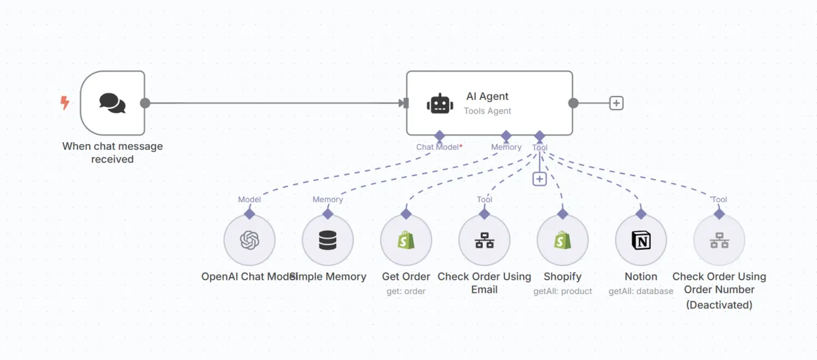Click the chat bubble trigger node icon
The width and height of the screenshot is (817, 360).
112,103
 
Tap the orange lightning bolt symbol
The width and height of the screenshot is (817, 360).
65,103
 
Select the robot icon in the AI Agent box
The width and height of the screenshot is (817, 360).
440,103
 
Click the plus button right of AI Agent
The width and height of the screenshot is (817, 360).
616,103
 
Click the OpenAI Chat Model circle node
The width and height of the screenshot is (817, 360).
249,240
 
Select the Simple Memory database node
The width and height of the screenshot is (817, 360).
327,240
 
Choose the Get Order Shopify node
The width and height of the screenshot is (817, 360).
406,240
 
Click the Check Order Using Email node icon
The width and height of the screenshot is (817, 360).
484,240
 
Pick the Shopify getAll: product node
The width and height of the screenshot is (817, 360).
562,240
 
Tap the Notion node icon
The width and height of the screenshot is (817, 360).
641,240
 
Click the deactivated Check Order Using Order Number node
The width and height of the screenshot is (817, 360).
719,240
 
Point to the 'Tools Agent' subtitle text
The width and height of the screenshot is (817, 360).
487,111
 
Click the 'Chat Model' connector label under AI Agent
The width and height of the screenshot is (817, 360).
437,147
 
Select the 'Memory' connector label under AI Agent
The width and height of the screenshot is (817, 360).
506,147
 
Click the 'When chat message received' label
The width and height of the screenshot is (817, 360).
112,152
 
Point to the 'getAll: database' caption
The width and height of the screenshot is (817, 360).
641,291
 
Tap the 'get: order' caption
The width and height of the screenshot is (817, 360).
406,291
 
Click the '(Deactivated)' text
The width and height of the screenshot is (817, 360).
719,305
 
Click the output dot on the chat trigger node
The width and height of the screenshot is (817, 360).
145,103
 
